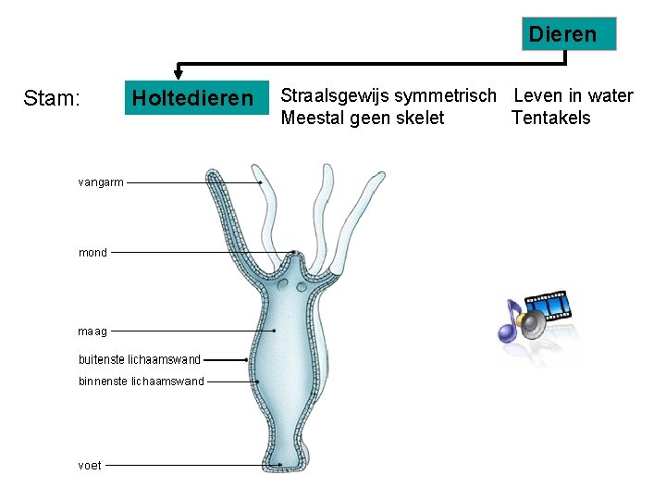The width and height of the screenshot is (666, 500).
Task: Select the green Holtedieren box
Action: (192, 98)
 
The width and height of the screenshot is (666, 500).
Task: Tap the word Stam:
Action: (52, 98)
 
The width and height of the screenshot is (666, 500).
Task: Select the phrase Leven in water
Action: (573, 95)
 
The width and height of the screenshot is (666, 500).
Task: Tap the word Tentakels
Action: (550, 118)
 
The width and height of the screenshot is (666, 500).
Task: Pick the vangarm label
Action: (101, 182)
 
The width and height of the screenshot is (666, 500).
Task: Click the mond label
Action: (92, 252)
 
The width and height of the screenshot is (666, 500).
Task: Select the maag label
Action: (92, 331)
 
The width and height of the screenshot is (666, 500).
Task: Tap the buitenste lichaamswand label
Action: (140, 359)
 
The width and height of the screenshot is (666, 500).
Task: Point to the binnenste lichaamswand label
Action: (142, 381)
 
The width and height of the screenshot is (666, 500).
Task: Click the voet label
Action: (90, 465)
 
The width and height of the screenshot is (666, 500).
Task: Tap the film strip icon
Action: (554, 306)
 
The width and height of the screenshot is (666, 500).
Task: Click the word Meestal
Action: (315, 118)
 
